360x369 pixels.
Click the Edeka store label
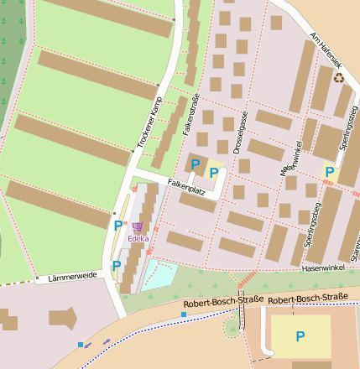pyautogui.click(x=138, y=238)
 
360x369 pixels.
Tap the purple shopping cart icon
pyautogui.click(x=138, y=227)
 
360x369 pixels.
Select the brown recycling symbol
pyautogui.click(x=339, y=78)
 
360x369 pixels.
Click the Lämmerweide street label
pyautogui.click(x=72, y=275)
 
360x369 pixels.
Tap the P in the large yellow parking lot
pyautogui.click(x=300, y=336)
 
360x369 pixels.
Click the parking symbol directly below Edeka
pyautogui.click(x=117, y=266)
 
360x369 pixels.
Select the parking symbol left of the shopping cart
pyautogui.click(x=117, y=226)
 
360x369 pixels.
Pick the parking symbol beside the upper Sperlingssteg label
pyautogui.click(x=330, y=173)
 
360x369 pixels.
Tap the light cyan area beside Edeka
pyautogui.click(x=159, y=274)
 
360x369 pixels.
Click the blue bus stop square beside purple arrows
pyautogui.click(x=81, y=345)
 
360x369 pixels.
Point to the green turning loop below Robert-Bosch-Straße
pyautogui.click(x=231, y=326)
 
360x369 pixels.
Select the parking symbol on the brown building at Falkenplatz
pyautogui.click(x=196, y=164)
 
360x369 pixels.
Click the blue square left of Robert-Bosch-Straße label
pyautogui.click(x=184, y=314)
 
